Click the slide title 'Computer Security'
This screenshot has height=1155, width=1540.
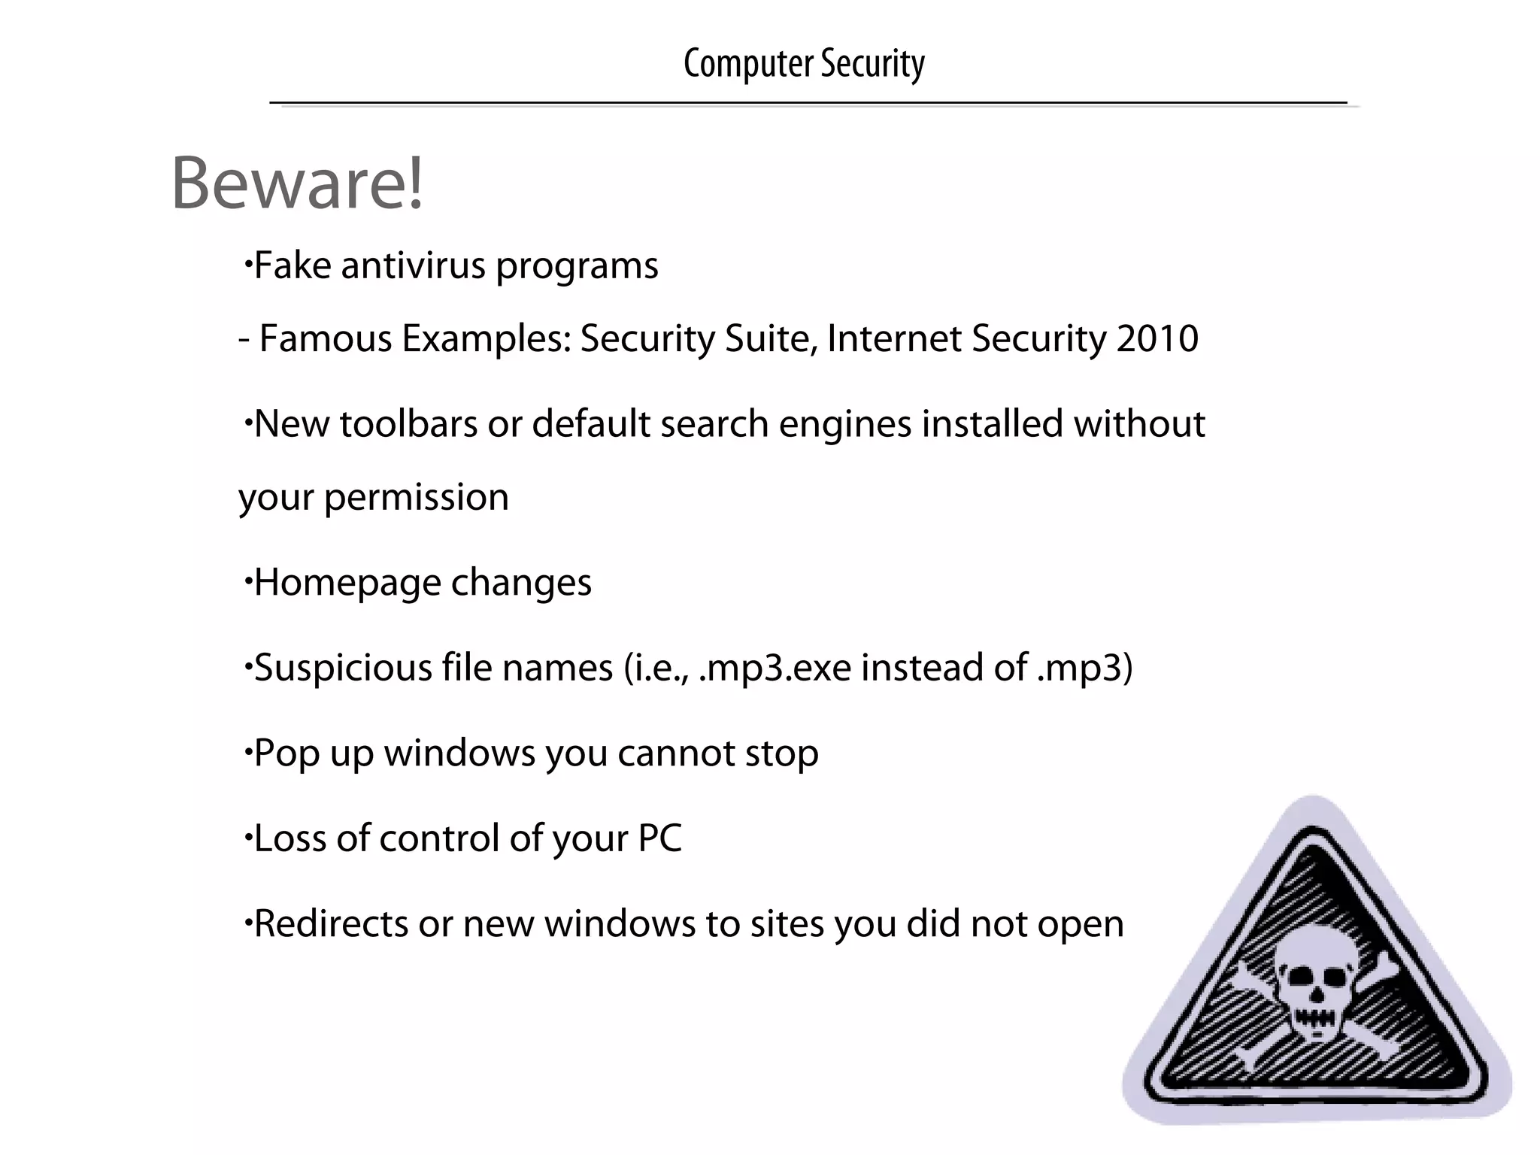click(x=804, y=63)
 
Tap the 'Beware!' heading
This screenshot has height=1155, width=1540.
click(x=298, y=183)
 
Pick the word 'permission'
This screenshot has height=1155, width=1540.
click(x=416, y=498)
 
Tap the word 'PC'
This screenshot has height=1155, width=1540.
click(x=659, y=838)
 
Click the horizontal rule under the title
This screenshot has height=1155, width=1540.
click(x=808, y=102)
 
